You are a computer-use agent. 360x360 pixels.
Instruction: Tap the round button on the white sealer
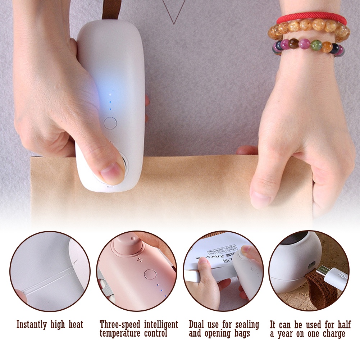pyautogui.click(x=110, y=123)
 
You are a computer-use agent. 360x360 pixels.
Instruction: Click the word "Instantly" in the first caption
pyautogui.click(x=32, y=325)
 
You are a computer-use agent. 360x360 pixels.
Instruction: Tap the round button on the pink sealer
pyautogui.click(x=150, y=274)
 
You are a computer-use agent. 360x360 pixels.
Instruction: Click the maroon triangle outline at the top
pyautogui.click(x=174, y=11)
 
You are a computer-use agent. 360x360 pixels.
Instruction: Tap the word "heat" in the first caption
pyautogui.click(x=74, y=325)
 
